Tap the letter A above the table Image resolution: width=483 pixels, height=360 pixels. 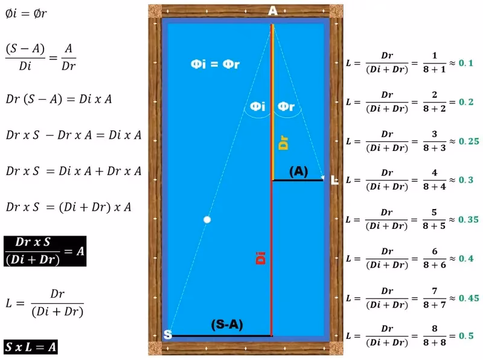[273, 11]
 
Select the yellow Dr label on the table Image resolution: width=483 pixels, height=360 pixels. [283, 143]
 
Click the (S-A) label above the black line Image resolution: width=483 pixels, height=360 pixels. [226, 324]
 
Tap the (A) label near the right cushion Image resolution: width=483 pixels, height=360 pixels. [298, 172]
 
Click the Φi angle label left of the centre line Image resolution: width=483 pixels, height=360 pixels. [258, 107]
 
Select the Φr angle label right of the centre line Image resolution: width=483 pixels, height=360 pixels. [286, 107]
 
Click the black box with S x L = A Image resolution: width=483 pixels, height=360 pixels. [31, 347]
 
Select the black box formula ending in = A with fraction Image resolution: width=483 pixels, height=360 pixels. [45, 250]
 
